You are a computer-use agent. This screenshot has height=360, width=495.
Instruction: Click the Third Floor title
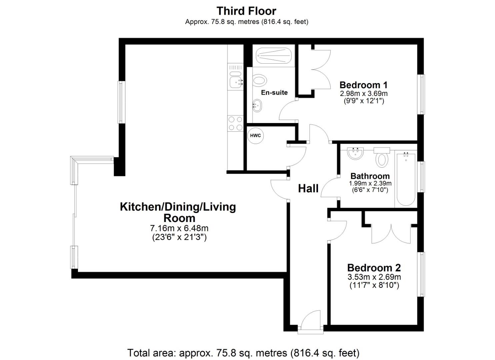coord(246,11)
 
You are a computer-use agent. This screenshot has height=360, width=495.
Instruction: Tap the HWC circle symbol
coord(256,136)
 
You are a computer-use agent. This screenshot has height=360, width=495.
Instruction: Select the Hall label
coord(308,189)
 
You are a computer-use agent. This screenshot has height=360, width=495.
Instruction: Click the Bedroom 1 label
coord(363,85)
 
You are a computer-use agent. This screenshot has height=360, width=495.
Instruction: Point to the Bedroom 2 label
coord(374,268)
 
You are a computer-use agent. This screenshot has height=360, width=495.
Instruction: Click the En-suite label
coord(274,93)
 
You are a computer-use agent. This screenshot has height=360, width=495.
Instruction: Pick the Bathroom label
coord(370,176)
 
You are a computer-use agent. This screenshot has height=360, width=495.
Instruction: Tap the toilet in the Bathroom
coord(382,158)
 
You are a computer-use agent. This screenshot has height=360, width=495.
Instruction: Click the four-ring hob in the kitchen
coord(235,123)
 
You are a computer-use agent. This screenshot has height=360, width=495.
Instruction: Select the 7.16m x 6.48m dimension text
coord(179,229)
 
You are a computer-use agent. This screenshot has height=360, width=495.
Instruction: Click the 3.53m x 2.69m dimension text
coord(374,277)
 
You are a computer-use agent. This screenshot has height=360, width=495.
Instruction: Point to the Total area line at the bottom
coord(243,353)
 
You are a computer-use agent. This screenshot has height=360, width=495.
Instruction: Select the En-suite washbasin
coord(257,106)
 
